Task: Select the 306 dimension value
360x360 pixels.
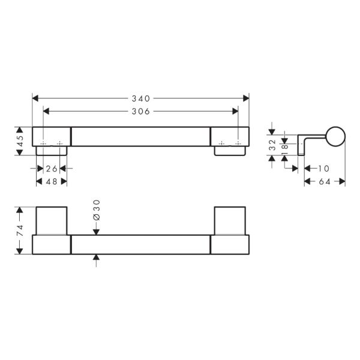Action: click(140, 110)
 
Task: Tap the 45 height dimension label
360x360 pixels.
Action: click(20, 142)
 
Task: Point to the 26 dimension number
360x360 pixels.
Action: click(52, 168)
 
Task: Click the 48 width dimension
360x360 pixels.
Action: click(52, 181)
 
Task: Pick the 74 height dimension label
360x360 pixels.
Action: click(20, 230)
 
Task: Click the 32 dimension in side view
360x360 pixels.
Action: click(272, 145)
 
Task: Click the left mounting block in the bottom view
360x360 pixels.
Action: click(52, 221)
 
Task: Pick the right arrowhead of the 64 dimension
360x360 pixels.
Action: click(343, 181)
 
